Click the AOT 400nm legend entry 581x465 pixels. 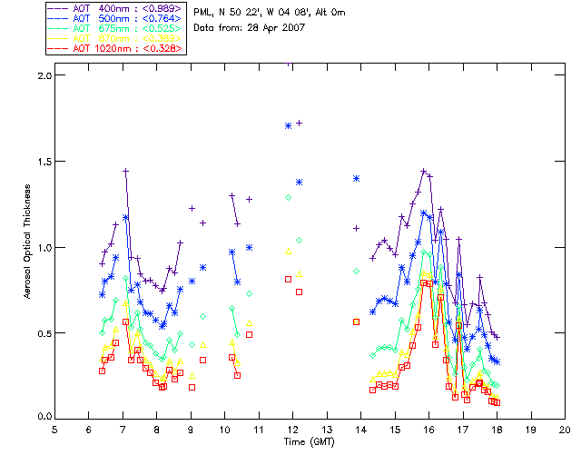pyautogui.click(x=101, y=7)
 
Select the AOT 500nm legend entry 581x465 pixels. pyautogui.click(x=101, y=17)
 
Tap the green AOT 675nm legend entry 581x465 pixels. pyautogui.click(x=101, y=27)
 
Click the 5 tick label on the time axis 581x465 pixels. pyautogui.click(x=54, y=429)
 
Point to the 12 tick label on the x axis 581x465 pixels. pyautogui.click(x=293, y=429)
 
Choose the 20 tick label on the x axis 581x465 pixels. pyautogui.click(x=566, y=429)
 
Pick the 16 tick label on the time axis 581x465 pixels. pyautogui.click(x=429, y=429)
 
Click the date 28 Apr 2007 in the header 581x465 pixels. pyautogui.click(x=275, y=27)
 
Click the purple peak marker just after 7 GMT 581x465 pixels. pyautogui.click(x=125, y=171)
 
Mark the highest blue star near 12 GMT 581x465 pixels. pyautogui.click(x=288, y=125)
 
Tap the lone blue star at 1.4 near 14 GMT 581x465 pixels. pyautogui.click(x=357, y=179)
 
